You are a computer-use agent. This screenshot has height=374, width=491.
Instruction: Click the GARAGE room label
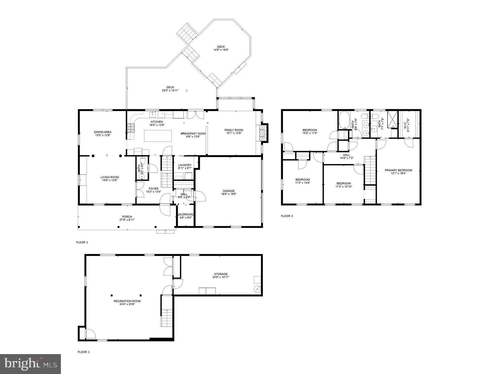229,191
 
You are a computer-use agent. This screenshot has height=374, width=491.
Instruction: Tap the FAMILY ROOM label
234,130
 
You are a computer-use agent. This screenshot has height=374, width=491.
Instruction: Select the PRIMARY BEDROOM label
398,170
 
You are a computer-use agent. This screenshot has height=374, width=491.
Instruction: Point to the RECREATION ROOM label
127,301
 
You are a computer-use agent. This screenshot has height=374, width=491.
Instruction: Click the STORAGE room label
221,274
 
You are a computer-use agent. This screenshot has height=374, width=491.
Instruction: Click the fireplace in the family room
263,133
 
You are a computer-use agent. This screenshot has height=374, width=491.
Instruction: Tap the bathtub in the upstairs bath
344,120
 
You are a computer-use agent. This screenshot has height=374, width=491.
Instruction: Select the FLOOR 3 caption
287,216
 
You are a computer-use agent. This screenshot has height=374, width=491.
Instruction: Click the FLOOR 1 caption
84,352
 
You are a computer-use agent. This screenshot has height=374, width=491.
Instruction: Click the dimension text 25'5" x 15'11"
170,90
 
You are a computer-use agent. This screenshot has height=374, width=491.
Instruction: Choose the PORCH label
127,217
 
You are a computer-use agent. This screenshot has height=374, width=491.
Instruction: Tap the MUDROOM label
186,214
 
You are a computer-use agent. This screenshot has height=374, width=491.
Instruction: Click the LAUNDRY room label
185,165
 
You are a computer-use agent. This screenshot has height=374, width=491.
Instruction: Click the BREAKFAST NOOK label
193,134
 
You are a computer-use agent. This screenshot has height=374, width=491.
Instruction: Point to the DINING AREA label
103,132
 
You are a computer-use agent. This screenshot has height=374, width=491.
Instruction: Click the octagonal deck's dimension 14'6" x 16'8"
221,50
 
